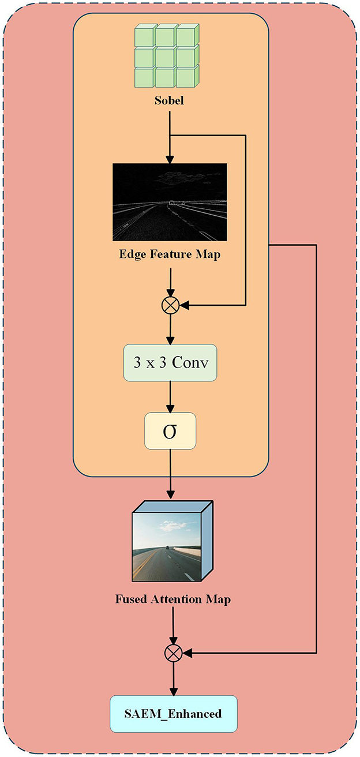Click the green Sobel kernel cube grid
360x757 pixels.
coord(170,57)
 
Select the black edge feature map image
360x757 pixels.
coord(170,202)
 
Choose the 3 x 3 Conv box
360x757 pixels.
coord(170,363)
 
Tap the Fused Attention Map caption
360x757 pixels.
coord(173,599)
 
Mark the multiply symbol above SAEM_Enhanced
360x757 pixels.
coord(173,653)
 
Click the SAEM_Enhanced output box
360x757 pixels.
coord(173,714)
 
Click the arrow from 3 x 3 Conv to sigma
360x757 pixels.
coord(170,396)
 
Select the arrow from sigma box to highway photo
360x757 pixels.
coord(170,473)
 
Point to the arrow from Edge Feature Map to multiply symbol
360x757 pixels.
coord(170,281)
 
